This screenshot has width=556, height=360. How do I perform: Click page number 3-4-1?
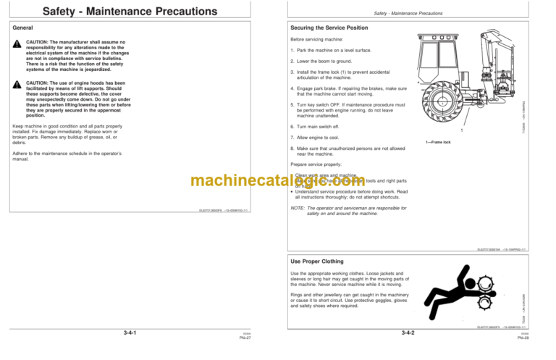click(131, 333)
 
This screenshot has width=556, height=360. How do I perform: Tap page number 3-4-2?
click(413, 333)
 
